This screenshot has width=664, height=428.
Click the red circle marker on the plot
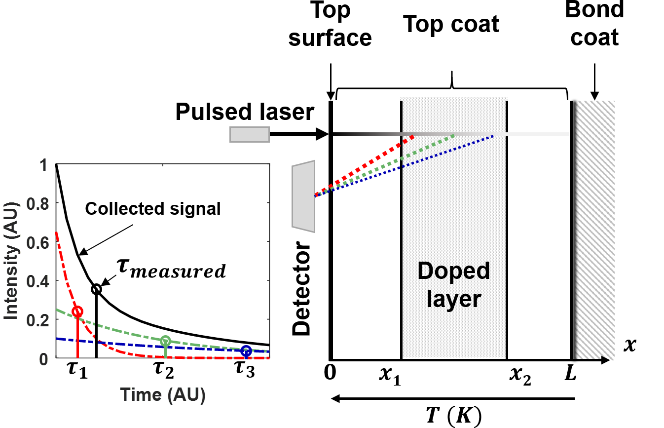click(x=77, y=311)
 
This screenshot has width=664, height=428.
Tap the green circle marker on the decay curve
click(x=166, y=341)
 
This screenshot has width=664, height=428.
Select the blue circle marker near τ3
click(x=246, y=351)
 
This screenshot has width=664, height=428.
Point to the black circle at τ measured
click(x=96, y=289)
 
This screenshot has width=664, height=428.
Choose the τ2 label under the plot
click(x=166, y=372)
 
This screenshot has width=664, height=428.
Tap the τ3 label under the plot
click(x=244, y=372)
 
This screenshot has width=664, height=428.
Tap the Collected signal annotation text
click(x=153, y=209)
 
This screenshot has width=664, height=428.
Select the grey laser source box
click(x=250, y=134)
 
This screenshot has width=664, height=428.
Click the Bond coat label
click(x=594, y=24)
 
